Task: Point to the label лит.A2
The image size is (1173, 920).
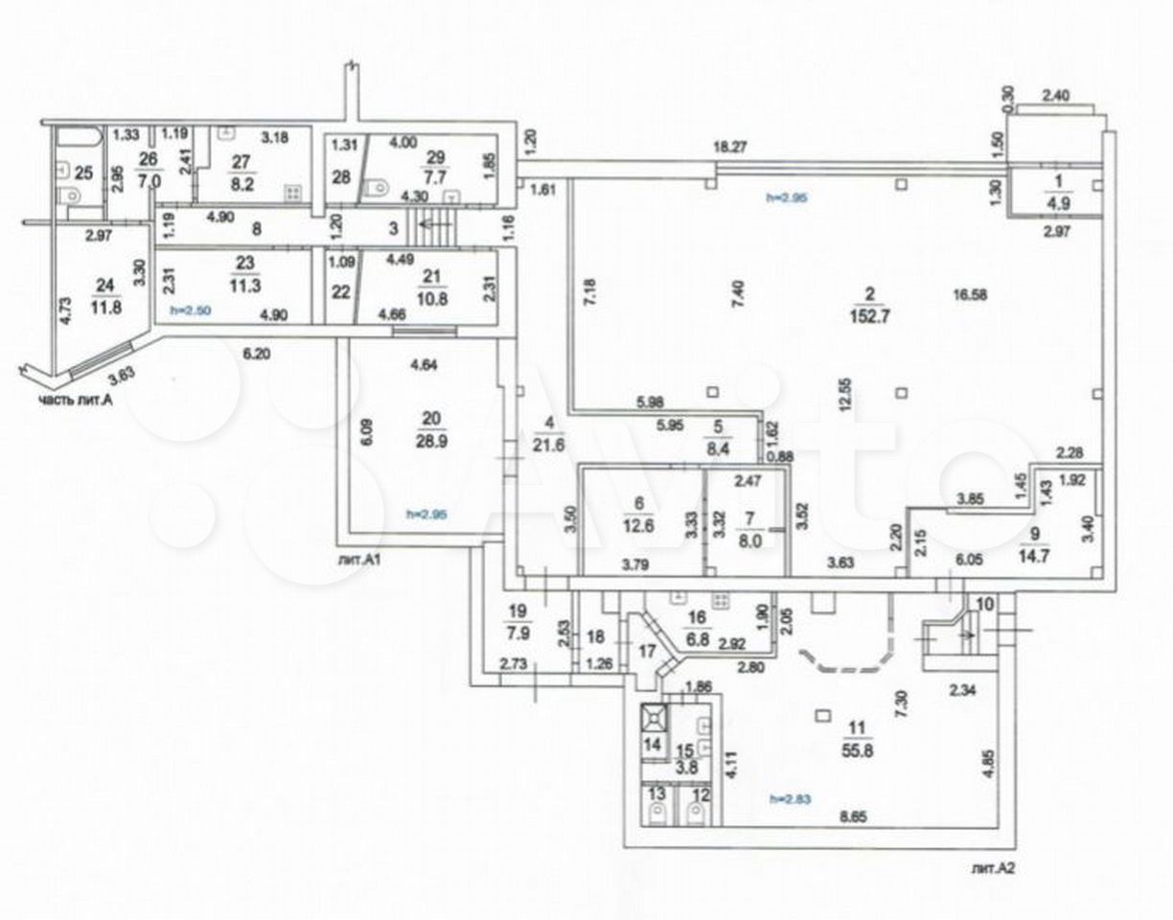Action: coord(992,870)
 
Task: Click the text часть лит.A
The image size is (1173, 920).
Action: coord(76,401)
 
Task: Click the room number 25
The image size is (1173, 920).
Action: coord(82,173)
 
